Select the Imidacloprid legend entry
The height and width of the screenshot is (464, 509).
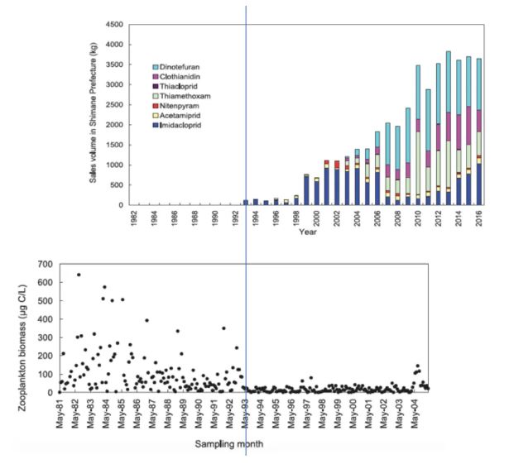pos(180,132)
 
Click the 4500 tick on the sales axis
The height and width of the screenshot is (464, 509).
pos(113,25)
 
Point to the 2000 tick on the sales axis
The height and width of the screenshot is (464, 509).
pos(113,125)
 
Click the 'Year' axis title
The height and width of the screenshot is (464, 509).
pos(308,232)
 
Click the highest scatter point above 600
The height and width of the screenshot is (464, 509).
pos(78,275)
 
